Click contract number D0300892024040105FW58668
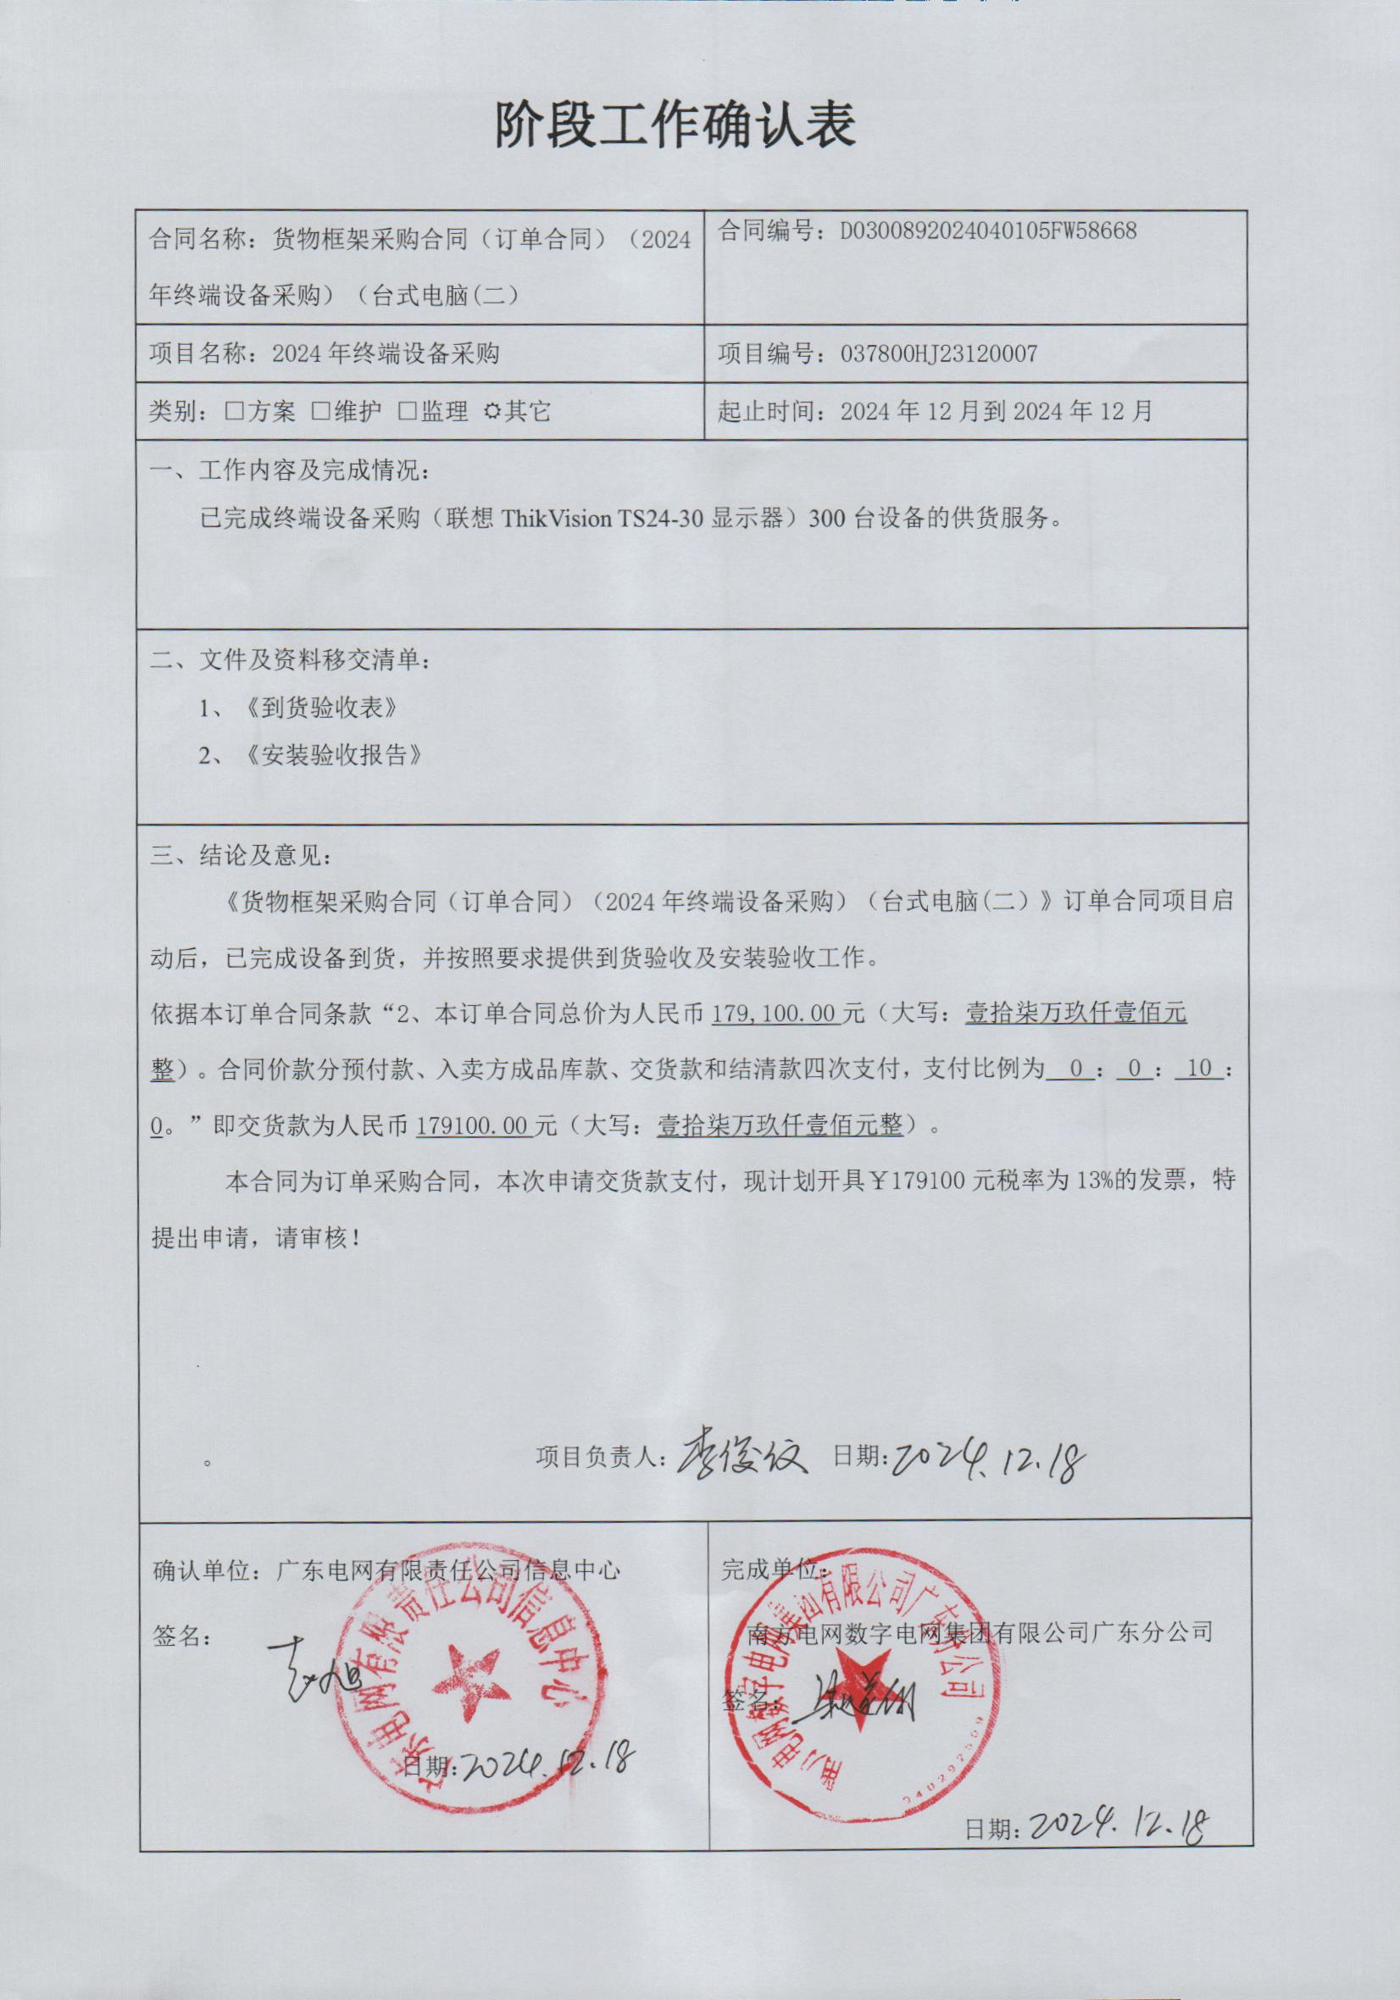click(x=988, y=231)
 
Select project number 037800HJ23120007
click(x=938, y=353)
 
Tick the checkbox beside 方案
click(x=234, y=411)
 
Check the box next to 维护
click(x=319, y=411)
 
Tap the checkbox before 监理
click(x=407, y=411)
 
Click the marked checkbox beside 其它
click(x=492, y=411)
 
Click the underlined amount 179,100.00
click(x=775, y=1014)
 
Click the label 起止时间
click(x=770, y=411)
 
